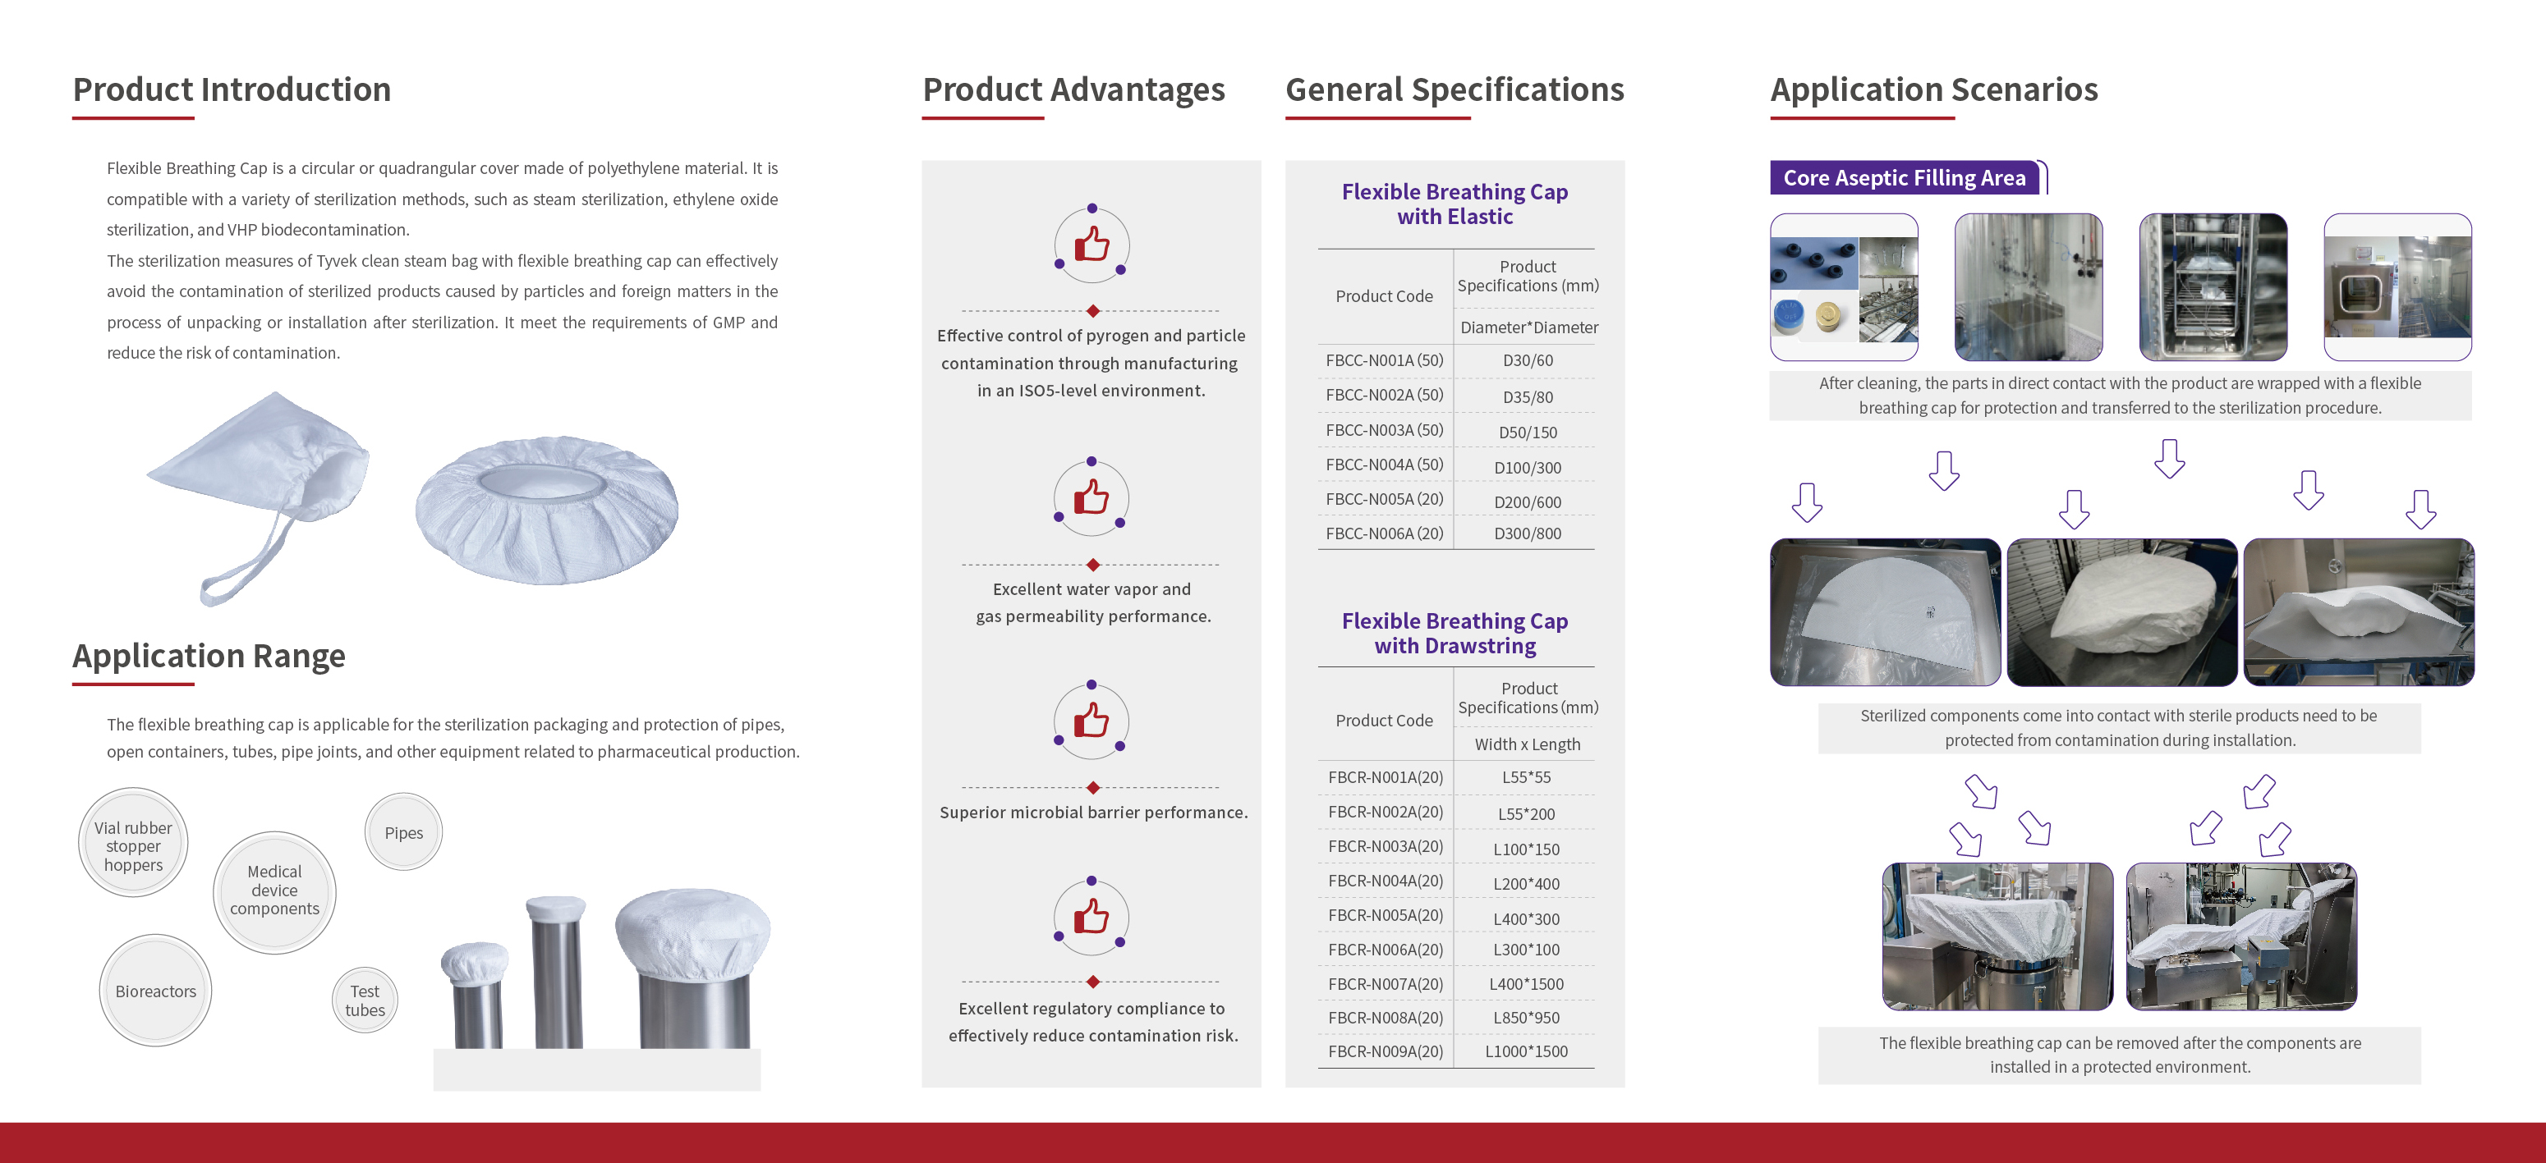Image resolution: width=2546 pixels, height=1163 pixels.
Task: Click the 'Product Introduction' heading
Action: (232, 90)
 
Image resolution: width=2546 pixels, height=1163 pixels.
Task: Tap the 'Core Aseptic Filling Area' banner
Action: (1905, 178)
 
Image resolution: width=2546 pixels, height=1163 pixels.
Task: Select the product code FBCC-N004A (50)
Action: (1384, 465)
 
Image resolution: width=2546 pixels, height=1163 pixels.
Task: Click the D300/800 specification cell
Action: (1527, 533)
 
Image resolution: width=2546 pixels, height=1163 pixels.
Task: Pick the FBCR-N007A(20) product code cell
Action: (1385, 984)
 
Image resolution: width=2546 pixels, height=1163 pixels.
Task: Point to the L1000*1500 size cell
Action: (1526, 1051)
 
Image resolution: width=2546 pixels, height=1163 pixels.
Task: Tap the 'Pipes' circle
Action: (403, 832)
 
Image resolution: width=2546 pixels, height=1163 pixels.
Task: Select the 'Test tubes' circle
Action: (365, 1000)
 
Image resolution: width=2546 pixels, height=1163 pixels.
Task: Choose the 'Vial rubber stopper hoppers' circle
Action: (132, 843)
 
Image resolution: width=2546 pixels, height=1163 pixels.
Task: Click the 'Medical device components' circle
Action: (275, 891)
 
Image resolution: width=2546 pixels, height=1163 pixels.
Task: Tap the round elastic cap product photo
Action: (546, 509)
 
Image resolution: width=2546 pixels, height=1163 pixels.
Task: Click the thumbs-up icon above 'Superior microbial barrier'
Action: (1091, 721)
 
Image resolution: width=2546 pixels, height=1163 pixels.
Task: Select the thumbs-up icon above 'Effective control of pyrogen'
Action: (1091, 243)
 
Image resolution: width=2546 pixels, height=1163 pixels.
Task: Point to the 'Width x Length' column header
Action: (1527, 744)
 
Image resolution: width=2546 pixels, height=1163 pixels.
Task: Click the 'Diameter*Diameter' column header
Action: (1529, 327)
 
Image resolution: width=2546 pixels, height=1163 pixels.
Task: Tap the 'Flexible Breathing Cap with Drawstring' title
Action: (1455, 634)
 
